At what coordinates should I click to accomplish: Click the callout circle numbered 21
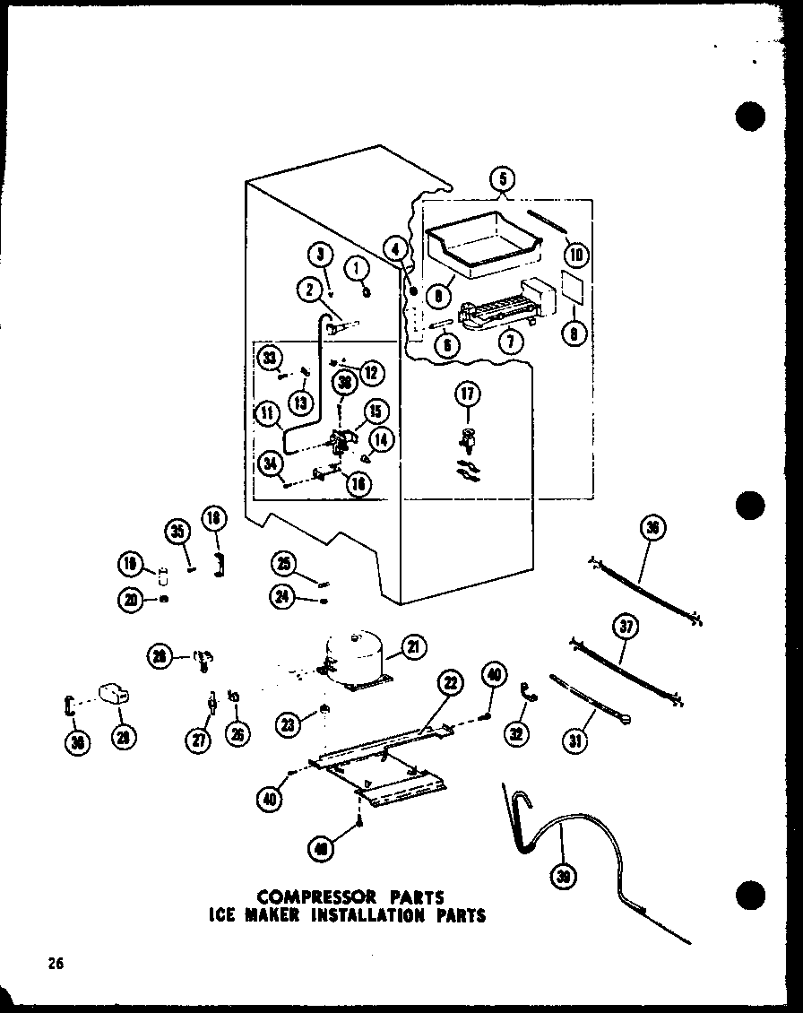pyautogui.click(x=415, y=645)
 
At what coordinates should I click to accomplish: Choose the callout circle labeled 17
pyautogui.click(x=467, y=394)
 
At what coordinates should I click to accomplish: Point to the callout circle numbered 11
pyautogui.click(x=265, y=414)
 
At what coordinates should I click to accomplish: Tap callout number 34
pyautogui.click(x=269, y=463)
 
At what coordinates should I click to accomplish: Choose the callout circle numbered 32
pyautogui.click(x=516, y=734)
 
